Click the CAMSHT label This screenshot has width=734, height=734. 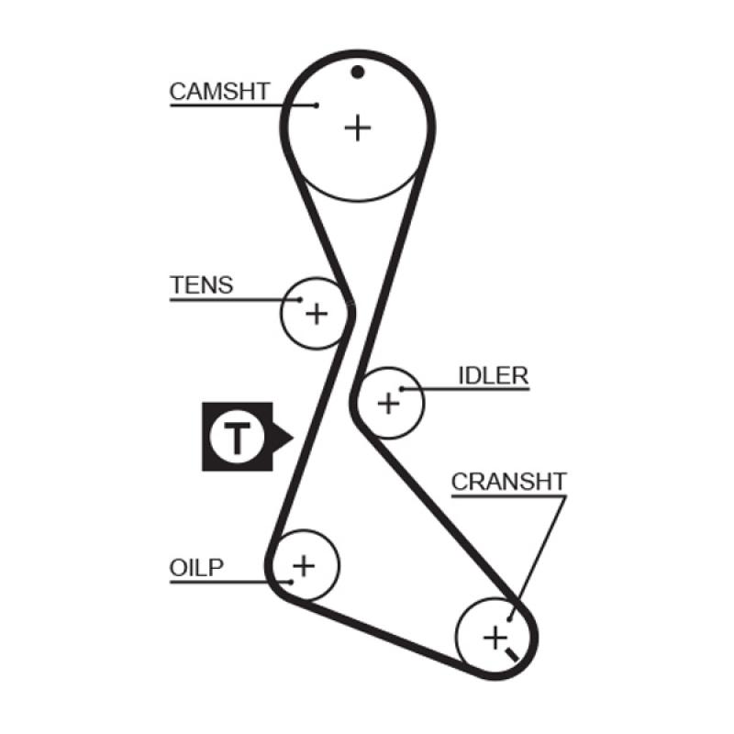tap(219, 91)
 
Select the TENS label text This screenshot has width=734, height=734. tap(202, 284)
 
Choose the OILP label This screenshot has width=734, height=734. tap(196, 566)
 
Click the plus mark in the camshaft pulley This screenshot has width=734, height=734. tap(358, 127)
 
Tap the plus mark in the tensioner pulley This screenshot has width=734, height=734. tap(317, 315)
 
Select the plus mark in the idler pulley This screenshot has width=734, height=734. tap(389, 402)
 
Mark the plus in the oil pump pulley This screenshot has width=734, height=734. tap(303, 565)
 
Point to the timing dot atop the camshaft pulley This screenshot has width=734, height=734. tap(358, 72)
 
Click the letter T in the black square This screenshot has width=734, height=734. tap(237, 438)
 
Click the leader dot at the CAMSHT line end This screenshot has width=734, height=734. tap(317, 106)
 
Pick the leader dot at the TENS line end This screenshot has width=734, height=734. tap(300, 299)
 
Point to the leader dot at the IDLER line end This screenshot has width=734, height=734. tap(401, 389)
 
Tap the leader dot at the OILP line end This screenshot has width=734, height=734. tap(290, 581)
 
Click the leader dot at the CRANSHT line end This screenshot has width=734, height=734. tap(509, 619)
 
